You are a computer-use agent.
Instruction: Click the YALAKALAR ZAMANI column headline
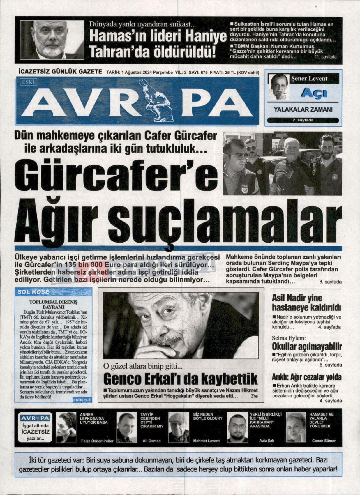click(x=303, y=110)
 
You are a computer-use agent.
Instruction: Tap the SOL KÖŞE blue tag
click(x=33, y=291)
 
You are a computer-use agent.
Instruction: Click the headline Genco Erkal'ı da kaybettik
click(x=181, y=379)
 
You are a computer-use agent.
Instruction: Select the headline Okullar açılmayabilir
click(x=307, y=346)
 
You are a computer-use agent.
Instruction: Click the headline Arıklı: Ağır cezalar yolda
click(x=307, y=377)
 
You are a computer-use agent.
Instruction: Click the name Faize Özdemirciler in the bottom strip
click(x=97, y=441)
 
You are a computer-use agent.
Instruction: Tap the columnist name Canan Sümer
click(x=324, y=441)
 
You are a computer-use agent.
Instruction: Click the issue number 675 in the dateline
click(x=203, y=72)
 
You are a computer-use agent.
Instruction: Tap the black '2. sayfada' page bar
click(x=303, y=120)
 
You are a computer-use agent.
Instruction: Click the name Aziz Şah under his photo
click(x=267, y=441)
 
